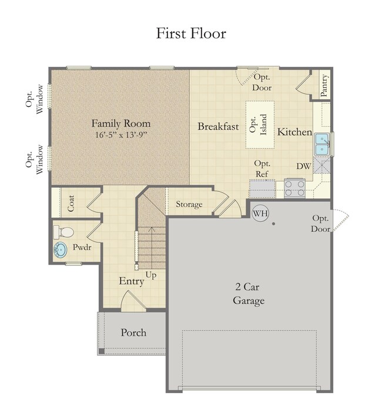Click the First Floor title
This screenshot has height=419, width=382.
191,33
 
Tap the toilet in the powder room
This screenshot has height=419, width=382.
63,232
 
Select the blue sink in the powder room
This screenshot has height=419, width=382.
60,250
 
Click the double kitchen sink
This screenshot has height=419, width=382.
322,144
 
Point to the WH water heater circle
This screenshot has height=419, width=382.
260,213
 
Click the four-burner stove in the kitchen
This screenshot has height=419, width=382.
294,188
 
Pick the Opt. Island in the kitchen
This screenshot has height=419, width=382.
260,124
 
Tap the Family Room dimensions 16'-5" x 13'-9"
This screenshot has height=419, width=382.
121,135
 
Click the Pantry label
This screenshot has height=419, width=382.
324,86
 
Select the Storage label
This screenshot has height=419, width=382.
189,204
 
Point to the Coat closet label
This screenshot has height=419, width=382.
71,204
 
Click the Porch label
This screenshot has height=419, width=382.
133,333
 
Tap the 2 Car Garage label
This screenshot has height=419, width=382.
248,294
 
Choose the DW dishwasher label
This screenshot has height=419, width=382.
304,166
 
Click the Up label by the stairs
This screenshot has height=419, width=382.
151,275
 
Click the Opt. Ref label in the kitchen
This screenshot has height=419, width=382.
262,168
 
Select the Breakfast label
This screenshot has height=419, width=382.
218,126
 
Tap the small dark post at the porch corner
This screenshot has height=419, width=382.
101,351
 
